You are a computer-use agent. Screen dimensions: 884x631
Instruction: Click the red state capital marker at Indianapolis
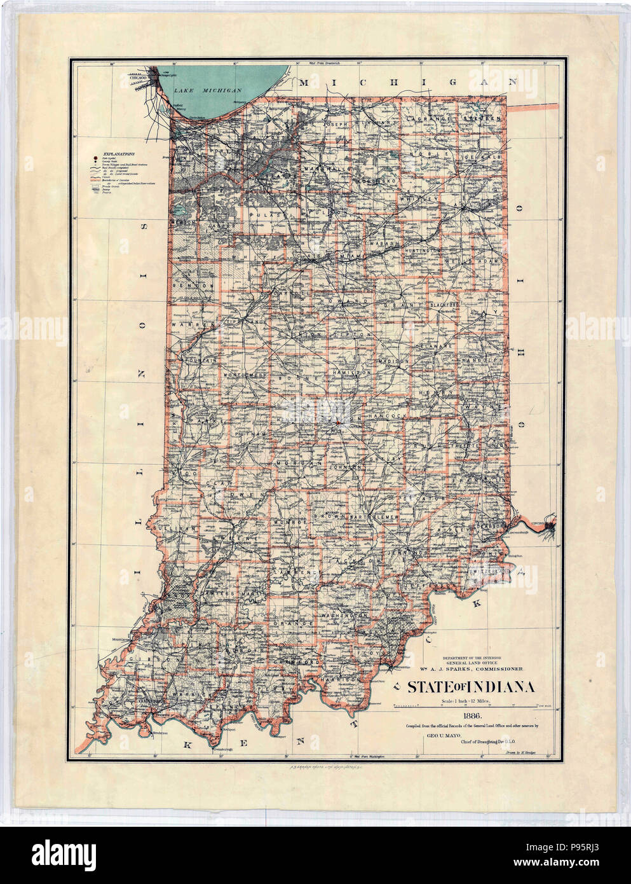337,422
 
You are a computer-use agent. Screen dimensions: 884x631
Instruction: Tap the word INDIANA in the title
499,687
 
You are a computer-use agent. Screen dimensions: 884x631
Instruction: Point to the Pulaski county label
268,217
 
